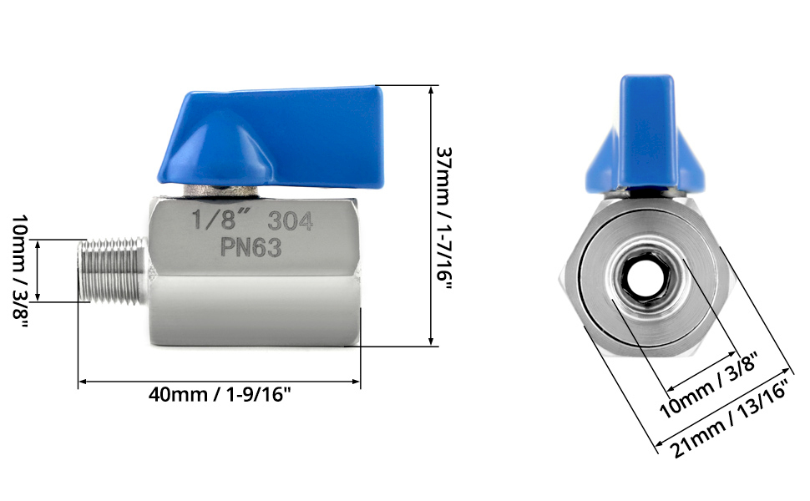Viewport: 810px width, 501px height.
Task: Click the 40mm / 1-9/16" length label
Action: [x=220, y=395]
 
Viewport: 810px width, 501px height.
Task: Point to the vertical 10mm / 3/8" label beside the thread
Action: [x=20, y=273]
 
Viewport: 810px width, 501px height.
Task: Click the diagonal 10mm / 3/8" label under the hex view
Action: [x=708, y=384]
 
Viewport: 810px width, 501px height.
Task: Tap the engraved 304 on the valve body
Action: [x=291, y=221]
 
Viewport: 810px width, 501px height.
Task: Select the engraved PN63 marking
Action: [x=251, y=247]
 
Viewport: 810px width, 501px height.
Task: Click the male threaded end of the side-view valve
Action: [x=114, y=271]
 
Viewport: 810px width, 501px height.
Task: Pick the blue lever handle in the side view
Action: [x=271, y=138]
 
